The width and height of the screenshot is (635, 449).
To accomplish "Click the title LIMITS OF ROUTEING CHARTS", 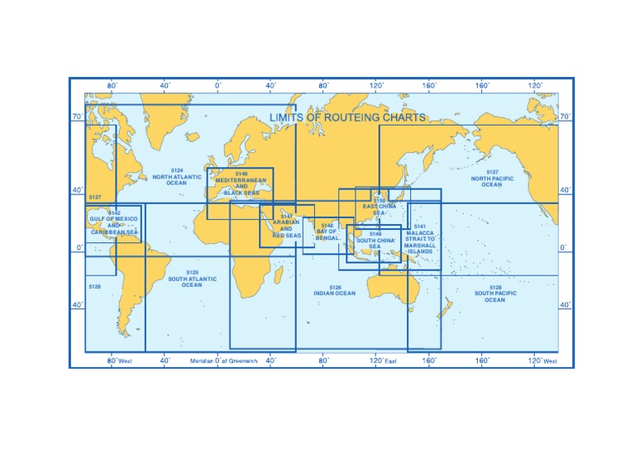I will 347,117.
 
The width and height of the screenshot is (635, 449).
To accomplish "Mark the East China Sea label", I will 380,206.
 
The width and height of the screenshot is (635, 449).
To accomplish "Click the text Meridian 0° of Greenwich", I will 224,361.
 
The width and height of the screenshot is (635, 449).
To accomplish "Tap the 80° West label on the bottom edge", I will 119,361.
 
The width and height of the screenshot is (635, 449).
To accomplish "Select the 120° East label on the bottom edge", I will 384,361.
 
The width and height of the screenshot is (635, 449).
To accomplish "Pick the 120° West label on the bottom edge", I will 542,361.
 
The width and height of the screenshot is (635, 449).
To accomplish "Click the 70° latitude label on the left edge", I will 77,117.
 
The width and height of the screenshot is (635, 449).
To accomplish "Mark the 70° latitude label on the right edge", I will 566,117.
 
